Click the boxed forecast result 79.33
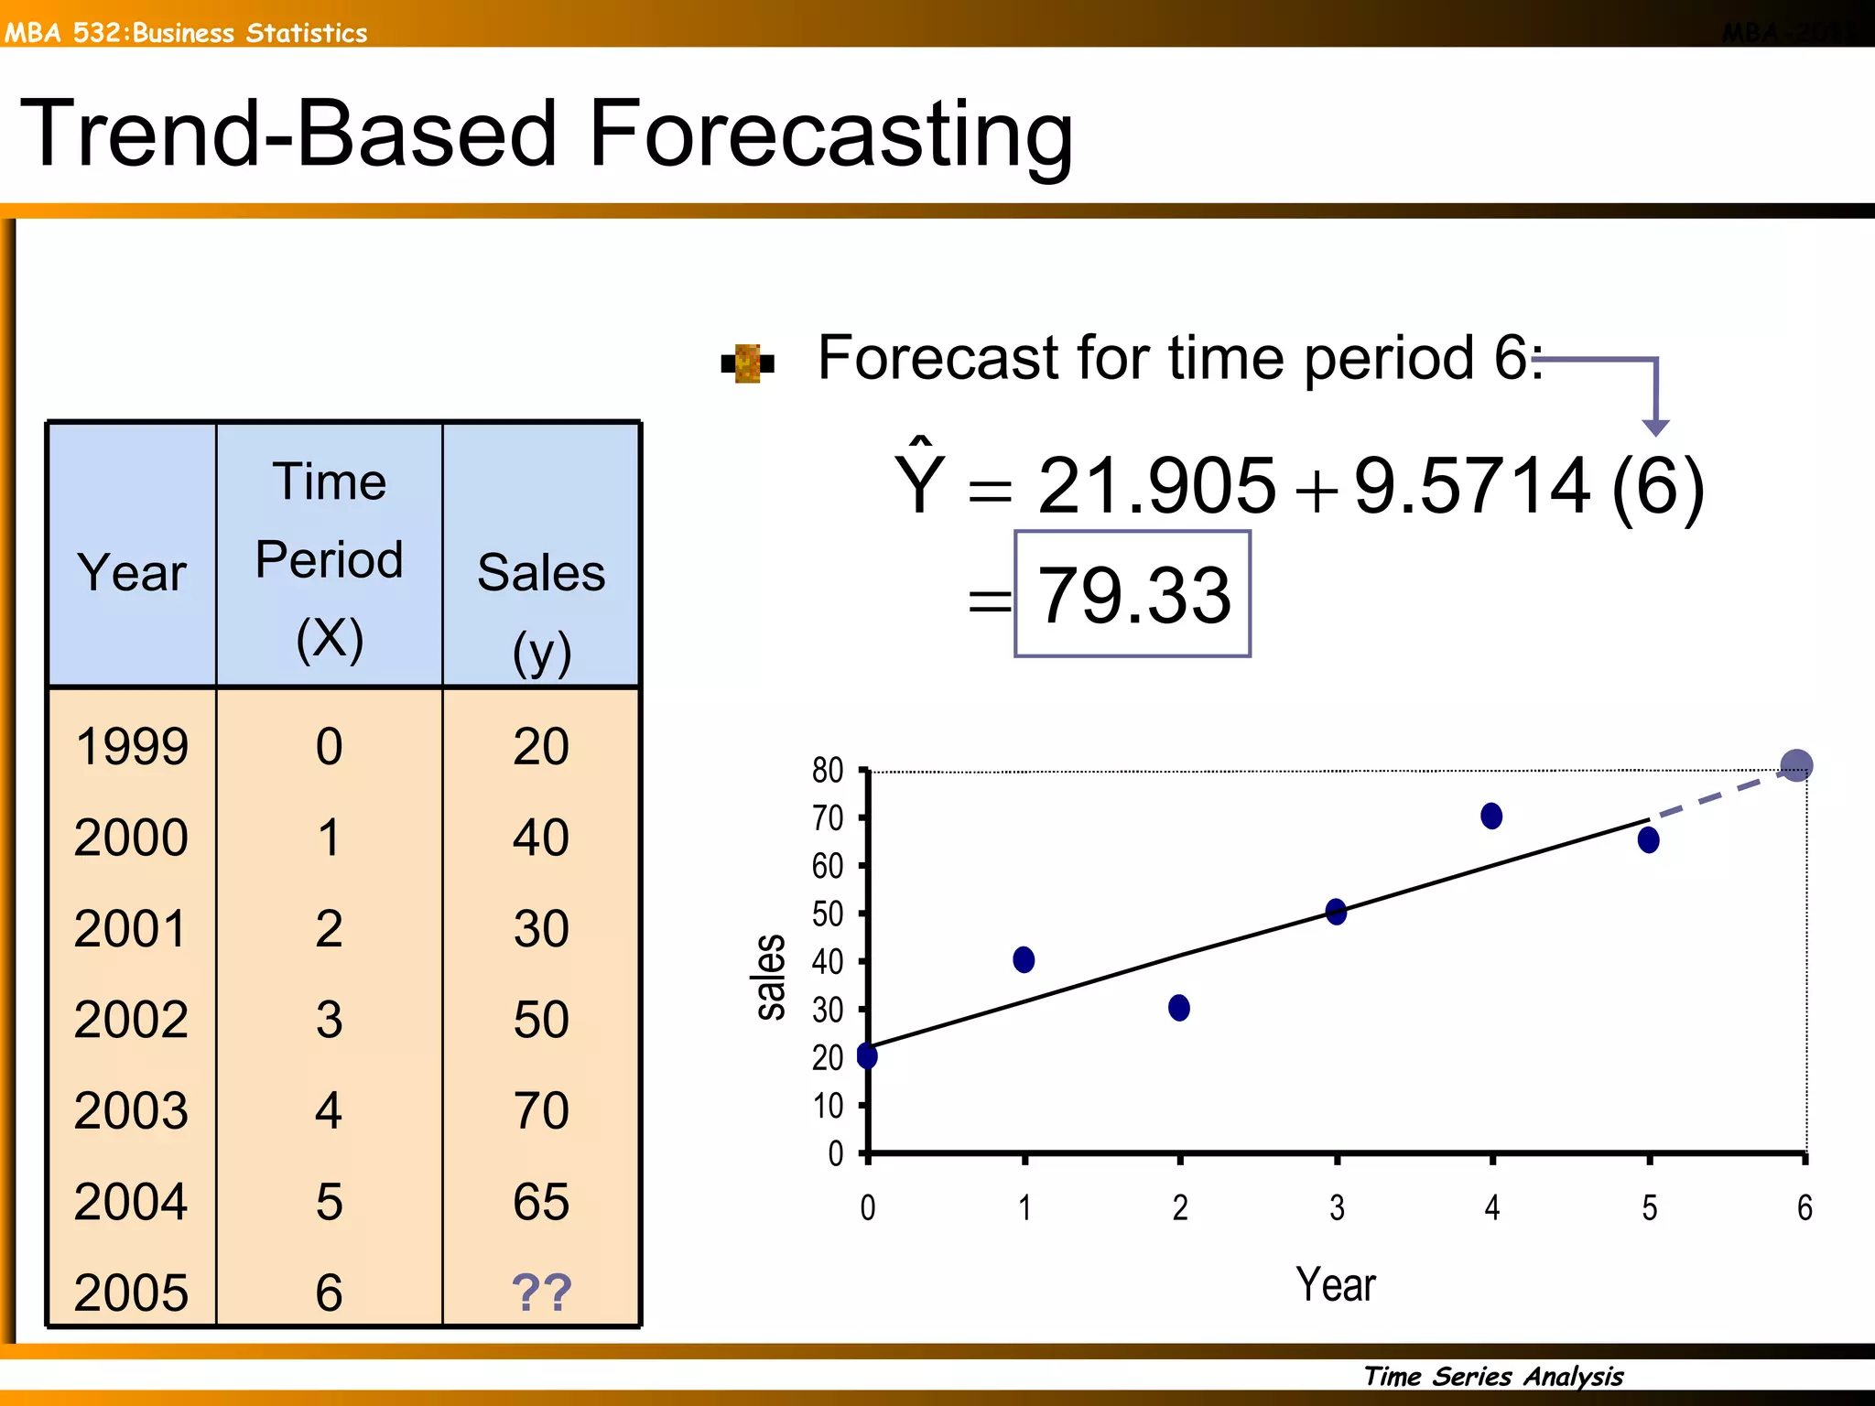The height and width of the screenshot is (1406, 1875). [x=1133, y=595]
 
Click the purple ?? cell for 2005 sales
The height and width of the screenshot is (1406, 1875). [x=541, y=1292]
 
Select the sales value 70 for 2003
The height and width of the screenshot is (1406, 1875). [x=541, y=1110]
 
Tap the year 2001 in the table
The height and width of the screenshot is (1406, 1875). [x=131, y=928]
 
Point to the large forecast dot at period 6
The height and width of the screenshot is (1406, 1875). [x=1796, y=764]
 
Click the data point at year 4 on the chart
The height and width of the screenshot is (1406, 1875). [x=1491, y=816]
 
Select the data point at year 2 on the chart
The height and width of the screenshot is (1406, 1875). [x=1179, y=1008]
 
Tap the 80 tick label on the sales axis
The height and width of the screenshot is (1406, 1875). [x=828, y=771]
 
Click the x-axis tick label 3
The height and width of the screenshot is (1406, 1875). [x=1337, y=1208]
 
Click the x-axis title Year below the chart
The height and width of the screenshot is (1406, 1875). [x=1335, y=1284]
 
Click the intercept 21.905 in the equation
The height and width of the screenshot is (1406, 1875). [x=1156, y=485]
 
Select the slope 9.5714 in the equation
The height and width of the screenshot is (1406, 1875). [x=1472, y=485]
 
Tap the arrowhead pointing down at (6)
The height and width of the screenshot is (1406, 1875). [x=1655, y=427]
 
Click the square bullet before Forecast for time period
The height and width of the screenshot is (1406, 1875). [x=748, y=363]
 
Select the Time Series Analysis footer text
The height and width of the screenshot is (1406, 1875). [x=1493, y=1376]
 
